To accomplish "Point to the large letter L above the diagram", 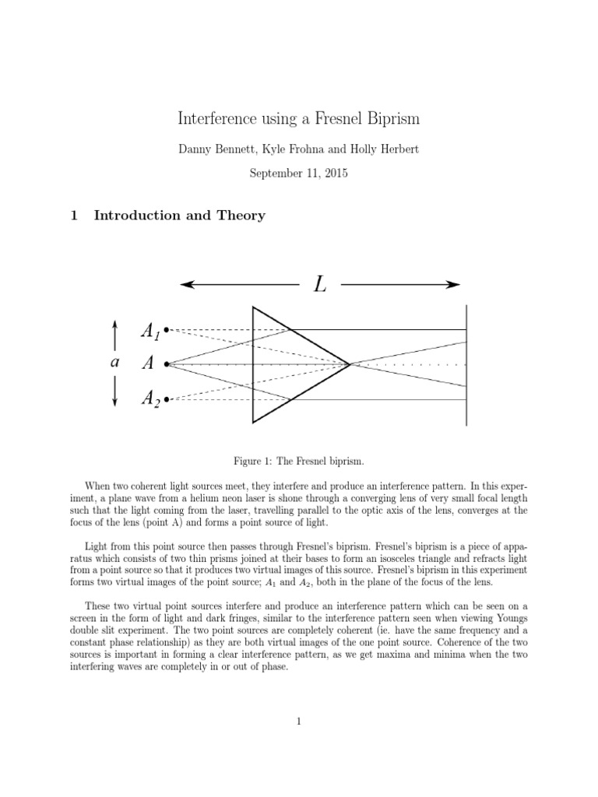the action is (x=320, y=285).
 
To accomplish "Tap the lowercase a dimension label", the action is (x=114, y=363).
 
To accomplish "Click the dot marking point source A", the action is (x=167, y=363).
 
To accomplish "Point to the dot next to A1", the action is (x=167, y=330).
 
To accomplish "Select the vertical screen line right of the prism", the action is (x=466, y=363).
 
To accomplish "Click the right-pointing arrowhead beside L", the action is (x=455, y=285).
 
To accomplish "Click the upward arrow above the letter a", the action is (x=115, y=331).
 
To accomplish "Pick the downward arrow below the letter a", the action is (x=115, y=397).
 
